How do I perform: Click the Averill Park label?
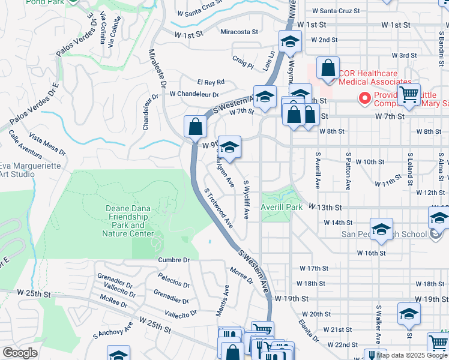pyautogui.click(x=282, y=207)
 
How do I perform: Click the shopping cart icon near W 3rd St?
pyautogui.click(x=409, y=94)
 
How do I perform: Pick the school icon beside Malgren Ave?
pyautogui.click(x=229, y=146)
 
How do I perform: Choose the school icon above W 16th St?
pyautogui.click(x=381, y=229)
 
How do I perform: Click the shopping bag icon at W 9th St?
pyautogui.click(x=196, y=127)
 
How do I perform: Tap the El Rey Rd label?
pyautogui.click(x=211, y=82)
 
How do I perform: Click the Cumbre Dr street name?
pyautogui.click(x=173, y=260)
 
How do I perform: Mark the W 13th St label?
pyautogui.click(x=325, y=207)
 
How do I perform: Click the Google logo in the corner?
pyautogui.click(x=20, y=353)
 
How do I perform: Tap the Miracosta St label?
pyautogui.click(x=240, y=32)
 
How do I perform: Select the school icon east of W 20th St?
pyautogui.click(x=409, y=314)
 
